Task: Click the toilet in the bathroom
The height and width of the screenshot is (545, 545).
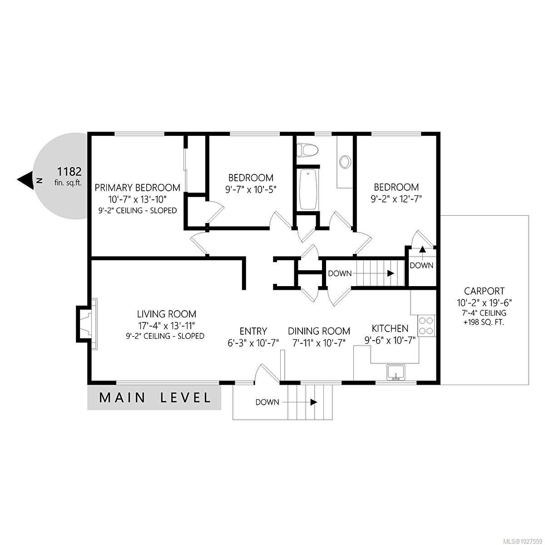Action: coord(307,149)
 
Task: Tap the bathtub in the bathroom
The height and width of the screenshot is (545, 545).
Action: coord(308,189)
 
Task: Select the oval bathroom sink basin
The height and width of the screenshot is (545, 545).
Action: coord(345,162)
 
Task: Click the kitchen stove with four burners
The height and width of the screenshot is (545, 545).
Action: coord(426,326)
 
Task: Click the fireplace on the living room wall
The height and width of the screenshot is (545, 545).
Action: coord(87,324)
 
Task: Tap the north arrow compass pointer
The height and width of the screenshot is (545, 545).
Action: coord(25,180)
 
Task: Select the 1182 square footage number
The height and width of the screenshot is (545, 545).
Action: coord(69,172)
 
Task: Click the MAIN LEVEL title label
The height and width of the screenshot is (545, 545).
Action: coord(155,398)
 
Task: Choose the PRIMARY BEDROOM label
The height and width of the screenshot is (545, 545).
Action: coord(137,188)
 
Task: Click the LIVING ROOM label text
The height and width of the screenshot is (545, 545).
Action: coord(167,314)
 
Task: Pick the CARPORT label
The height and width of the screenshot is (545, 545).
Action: coord(484,291)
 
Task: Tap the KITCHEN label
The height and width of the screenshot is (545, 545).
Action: coord(390,328)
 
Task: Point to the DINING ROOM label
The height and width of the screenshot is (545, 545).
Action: coord(319,331)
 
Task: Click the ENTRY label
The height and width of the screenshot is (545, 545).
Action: coord(253,331)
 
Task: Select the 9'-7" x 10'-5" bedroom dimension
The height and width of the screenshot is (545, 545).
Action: coord(251,189)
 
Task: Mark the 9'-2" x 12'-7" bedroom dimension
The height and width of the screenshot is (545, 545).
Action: coord(396,199)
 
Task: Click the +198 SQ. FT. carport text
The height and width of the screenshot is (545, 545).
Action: coord(484,322)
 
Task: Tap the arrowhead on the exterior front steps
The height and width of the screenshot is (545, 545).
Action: coord(313,402)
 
